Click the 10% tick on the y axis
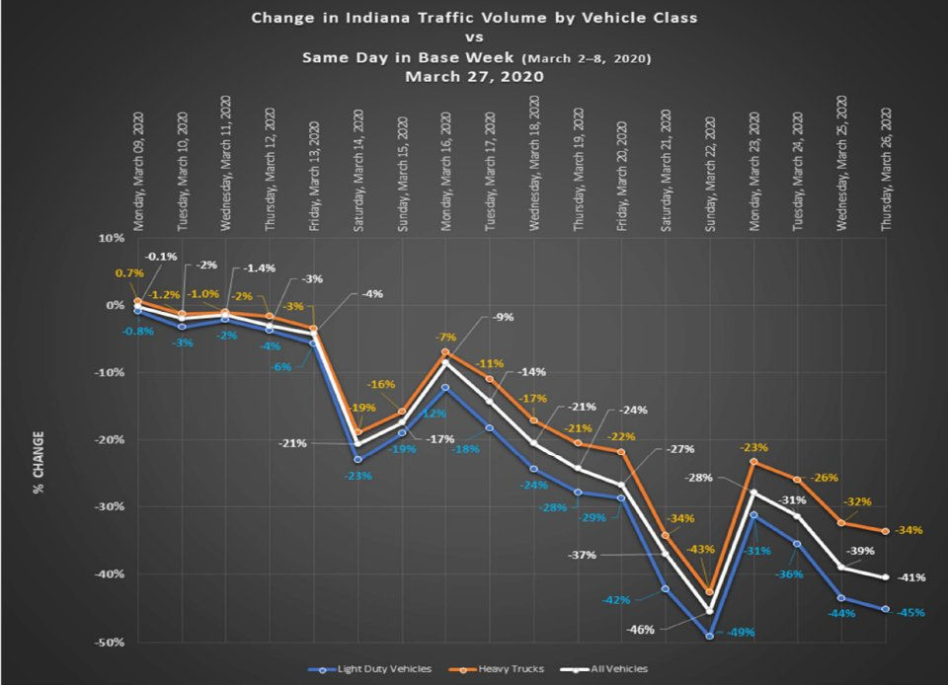tap(110, 238)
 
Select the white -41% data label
tap(909, 577)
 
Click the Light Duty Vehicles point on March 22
tap(709, 637)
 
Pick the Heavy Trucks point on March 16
tap(446, 352)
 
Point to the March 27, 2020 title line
tap(474, 76)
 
